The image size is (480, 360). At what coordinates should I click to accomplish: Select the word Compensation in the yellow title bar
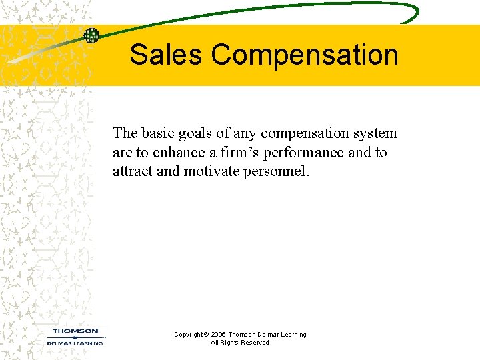tap(305, 55)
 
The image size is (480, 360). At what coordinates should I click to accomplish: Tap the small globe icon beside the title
tap(91, 35)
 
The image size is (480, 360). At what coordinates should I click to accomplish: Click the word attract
tap(133, 171)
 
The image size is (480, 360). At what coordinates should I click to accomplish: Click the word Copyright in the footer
tap(190, 335)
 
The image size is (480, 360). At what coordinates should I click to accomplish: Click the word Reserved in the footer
tap(256, 343)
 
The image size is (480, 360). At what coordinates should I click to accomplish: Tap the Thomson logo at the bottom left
tap(75, 335)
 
